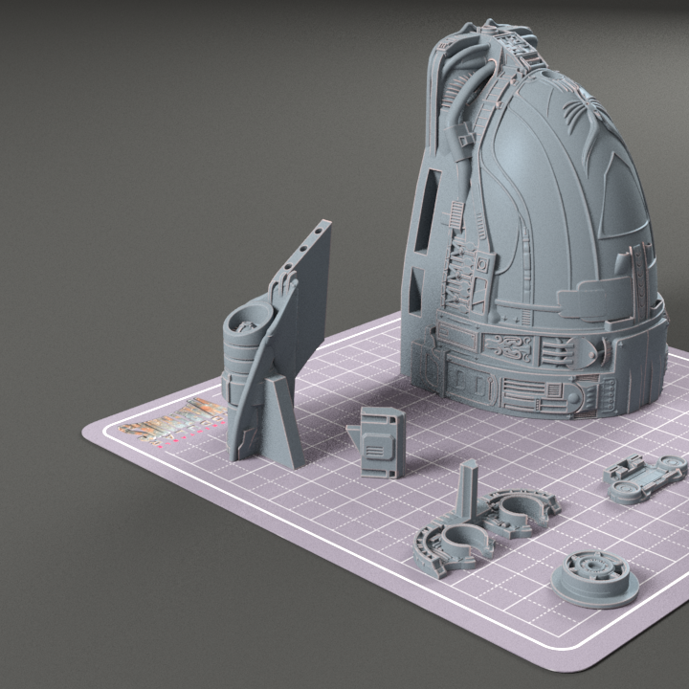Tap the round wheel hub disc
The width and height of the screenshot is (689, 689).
pos(595,578)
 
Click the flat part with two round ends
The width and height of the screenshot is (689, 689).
pos(646,474)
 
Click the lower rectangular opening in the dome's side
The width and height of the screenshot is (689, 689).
pos(414,293)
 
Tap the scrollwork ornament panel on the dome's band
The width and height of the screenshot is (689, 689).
pos(512,346)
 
